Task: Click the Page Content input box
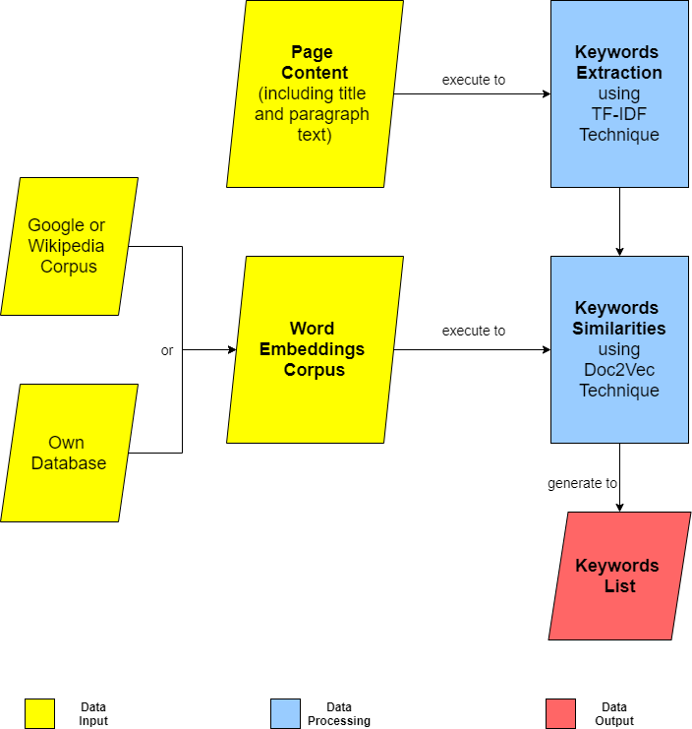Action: [315, 93]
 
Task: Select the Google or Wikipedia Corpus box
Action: [69, 246]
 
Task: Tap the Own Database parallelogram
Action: [69, 453]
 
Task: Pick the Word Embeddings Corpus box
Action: [315, 349]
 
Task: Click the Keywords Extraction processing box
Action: [619, 93]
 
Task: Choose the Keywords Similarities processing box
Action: [619, 349]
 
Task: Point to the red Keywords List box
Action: [619, 576]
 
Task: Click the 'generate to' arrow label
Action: [582, 483]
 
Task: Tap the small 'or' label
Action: [167, 350]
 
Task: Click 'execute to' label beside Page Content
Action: [474, 80]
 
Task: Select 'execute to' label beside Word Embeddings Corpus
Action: [474, 331]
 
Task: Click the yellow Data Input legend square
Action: [39, 713]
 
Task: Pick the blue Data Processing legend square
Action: [285, 713]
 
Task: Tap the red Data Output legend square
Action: [560, 713]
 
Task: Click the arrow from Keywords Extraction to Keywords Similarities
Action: [619, 221]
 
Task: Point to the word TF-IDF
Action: [619, 115]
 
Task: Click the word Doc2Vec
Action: [619, 370]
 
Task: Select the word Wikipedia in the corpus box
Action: [66, 246]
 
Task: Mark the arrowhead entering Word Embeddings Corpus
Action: [232, 349]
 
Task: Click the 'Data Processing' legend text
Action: [339, 714]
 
